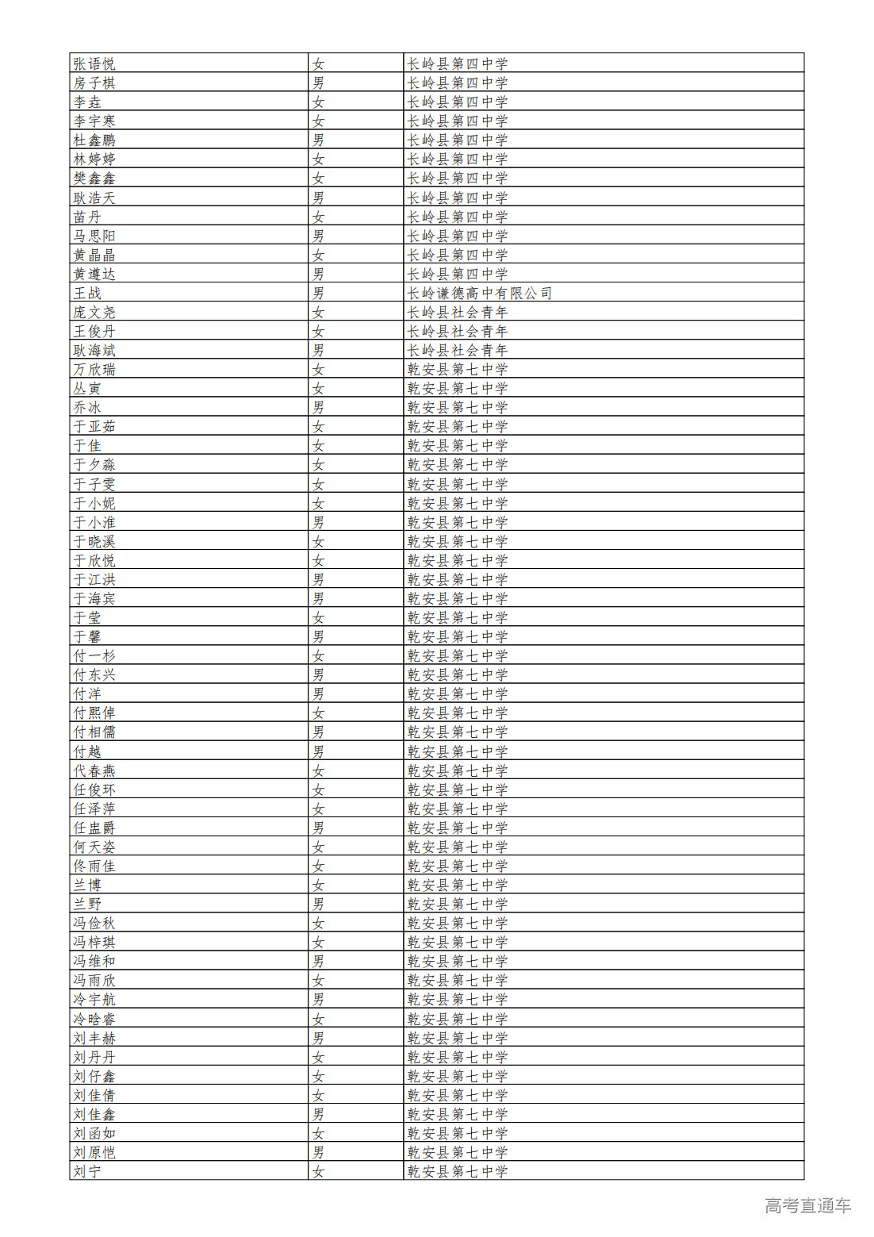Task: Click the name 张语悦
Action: point(94,63)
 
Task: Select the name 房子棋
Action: point(94,83)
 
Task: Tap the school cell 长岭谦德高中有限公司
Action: point(479,293)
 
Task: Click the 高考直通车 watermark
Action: point(807,1205)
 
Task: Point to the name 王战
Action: point(87,293)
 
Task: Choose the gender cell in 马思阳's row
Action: point(318,236)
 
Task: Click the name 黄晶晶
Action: point(94,255)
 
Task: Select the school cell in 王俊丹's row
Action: point(457,331)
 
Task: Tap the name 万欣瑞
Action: point(94,369)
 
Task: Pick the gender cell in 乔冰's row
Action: point(318,407)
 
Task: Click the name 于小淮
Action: point(94,522)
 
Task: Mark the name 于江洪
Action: point(94,579)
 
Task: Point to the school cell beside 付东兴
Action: point(457,674)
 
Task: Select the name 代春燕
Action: point(94,770)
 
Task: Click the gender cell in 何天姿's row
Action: point(318,847)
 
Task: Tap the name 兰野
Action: point(87,904)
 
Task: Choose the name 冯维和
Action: point(94,961)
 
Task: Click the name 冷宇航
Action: point(94,999)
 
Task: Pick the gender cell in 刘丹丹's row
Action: point(318,1057)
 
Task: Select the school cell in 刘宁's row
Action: point(457,1171)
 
